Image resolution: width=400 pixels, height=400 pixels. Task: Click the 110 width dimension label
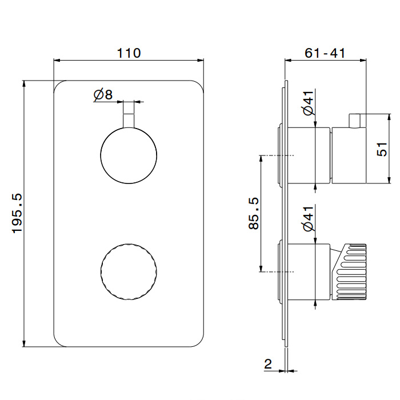(129, 53)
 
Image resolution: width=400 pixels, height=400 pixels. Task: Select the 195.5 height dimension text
(17, 213)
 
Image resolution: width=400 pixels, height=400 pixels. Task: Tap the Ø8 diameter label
(103, 95)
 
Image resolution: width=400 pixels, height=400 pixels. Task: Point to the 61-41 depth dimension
(325, 53)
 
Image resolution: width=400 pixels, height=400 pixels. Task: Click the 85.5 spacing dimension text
(254, 213)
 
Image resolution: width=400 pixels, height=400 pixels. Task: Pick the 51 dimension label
(382, 149)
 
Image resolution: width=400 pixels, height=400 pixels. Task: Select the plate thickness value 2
(268, 364)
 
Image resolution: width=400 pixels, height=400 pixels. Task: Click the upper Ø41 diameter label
(309, 103)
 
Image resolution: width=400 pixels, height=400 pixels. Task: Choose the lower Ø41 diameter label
(309, 219)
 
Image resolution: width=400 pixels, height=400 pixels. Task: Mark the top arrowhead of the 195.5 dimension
(24, 83)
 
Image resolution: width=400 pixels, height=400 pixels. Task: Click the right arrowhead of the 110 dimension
(201, 61)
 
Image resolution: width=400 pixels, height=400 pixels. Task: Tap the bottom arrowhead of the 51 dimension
(389, 180)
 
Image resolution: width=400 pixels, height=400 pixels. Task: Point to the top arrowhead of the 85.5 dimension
(261, 158)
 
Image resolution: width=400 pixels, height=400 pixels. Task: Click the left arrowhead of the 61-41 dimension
(288, 61)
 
